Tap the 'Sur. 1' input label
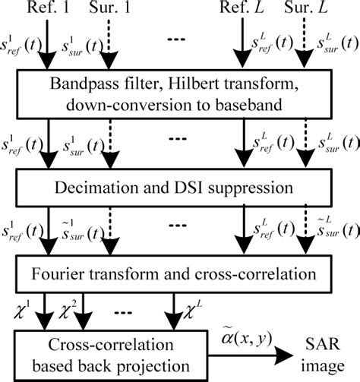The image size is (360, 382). (109, 10)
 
